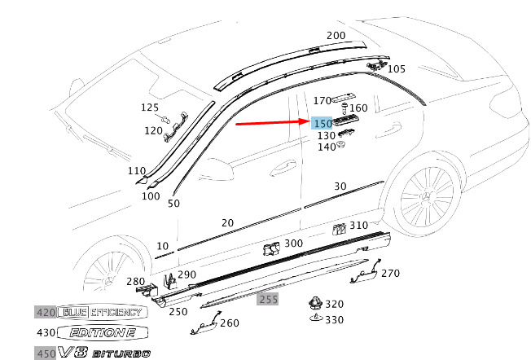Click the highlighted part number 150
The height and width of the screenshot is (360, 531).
coord(321,123)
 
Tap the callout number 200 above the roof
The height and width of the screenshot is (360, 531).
coord(336,36)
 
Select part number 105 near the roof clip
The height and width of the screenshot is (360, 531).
coord(396,69)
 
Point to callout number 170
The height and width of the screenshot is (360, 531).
coord(323,101)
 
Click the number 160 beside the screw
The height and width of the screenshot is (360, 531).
coord(358,108)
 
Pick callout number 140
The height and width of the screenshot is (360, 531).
coord(326,147)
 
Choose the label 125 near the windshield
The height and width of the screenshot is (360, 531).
coord(150,108)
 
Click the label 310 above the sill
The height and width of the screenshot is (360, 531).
coord(358,226)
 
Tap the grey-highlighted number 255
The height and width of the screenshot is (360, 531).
coord(268,300)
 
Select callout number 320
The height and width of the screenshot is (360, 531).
coord(334,304)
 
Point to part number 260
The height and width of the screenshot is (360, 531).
coord(229,323)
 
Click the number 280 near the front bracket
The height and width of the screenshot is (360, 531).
coord(134,282)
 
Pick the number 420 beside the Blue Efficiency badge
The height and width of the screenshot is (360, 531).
coord(45,312)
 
